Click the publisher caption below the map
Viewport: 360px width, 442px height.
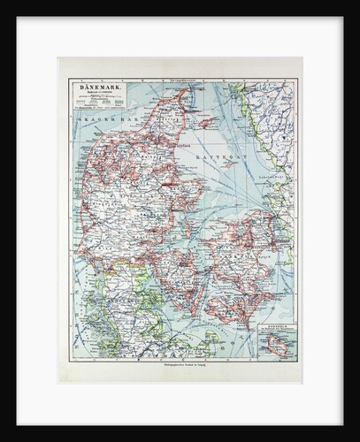pyautogui.click(x=181, y=367)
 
